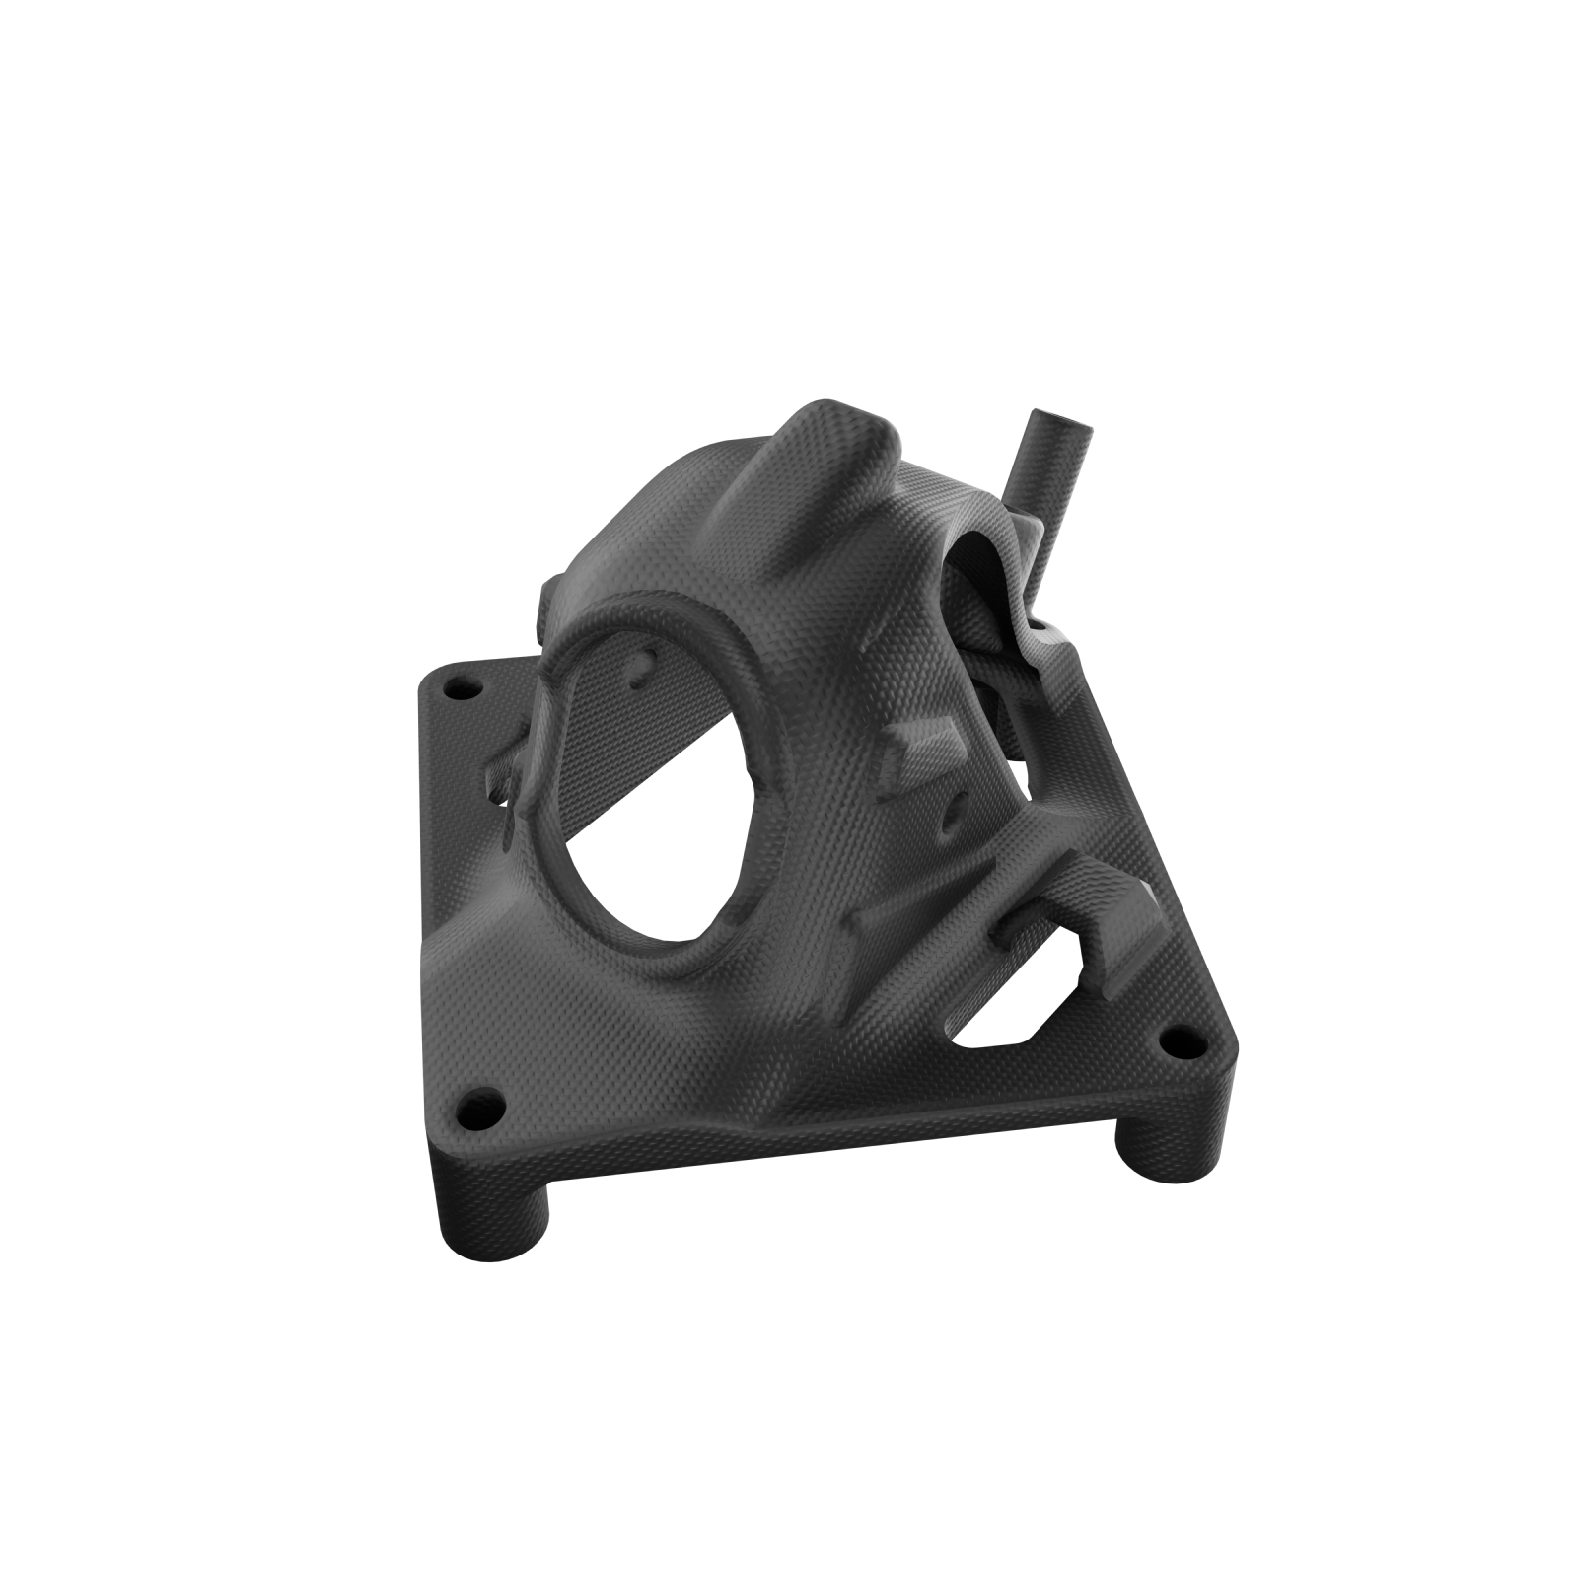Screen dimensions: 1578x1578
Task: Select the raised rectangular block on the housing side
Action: coord(918,748)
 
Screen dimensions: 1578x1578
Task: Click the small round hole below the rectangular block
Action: coord(951,814)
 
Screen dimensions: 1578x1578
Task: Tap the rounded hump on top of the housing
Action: coord(833,434)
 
